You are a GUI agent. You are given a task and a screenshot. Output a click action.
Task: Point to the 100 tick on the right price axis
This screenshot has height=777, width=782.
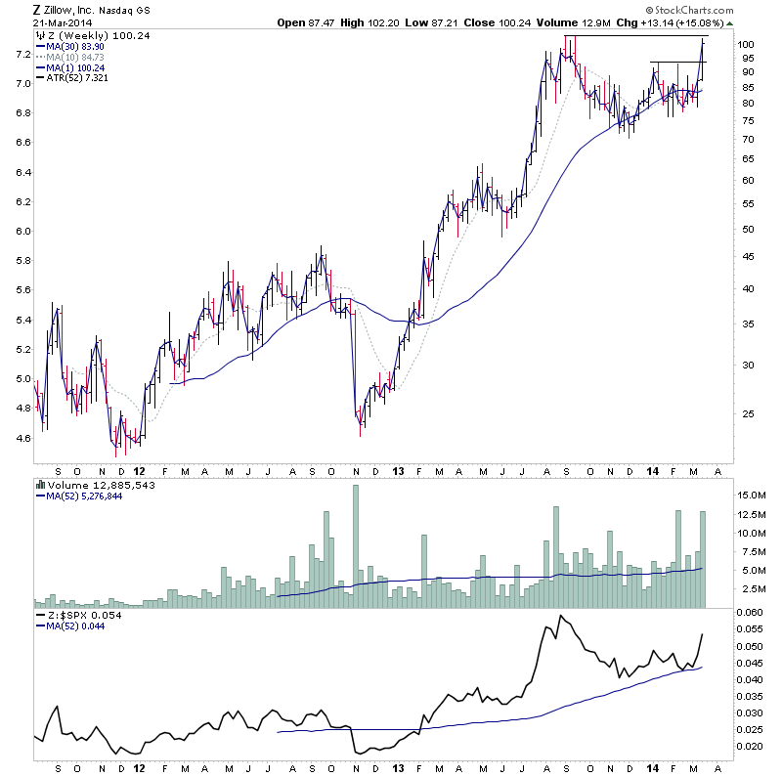[746, 45]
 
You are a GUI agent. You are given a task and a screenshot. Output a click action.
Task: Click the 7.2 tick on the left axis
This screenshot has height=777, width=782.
[20, 54]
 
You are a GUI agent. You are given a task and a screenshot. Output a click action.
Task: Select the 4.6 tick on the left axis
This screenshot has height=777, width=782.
[20, 438]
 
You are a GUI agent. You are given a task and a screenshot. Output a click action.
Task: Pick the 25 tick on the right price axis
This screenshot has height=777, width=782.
[744, 414]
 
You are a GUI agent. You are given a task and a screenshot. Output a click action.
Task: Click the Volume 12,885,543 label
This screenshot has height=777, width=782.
[89, 484]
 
